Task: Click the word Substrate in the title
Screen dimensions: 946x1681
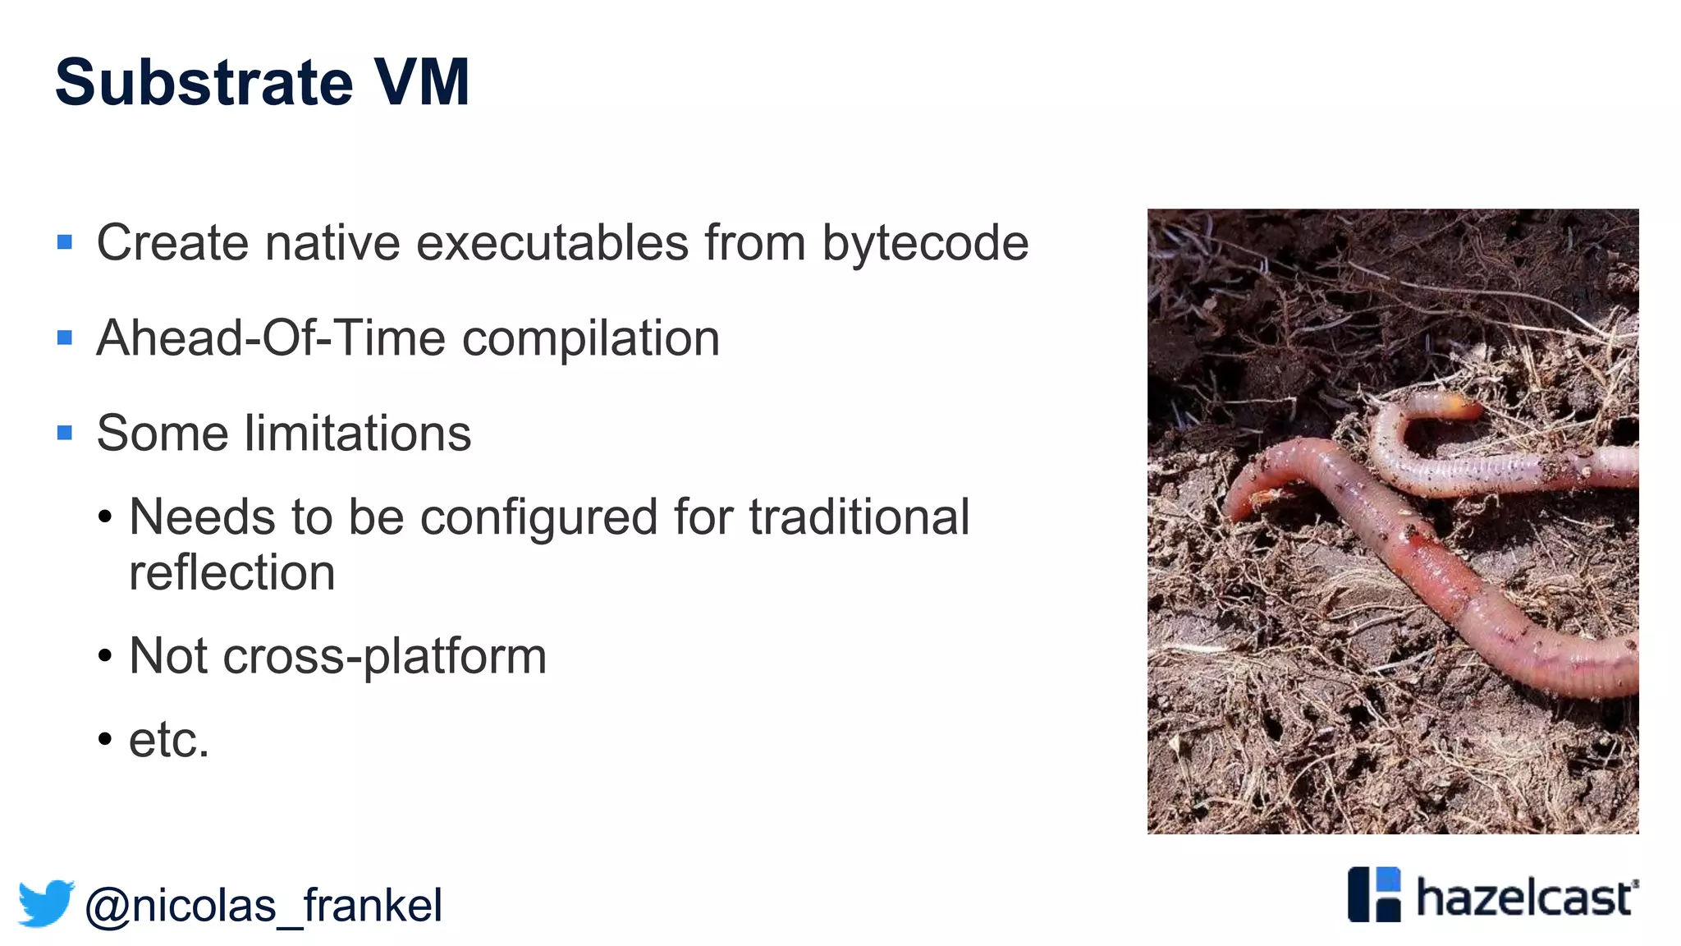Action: (204, 83)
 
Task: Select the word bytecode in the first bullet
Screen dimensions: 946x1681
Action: (925, 243)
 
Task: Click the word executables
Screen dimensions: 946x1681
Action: (552, 243)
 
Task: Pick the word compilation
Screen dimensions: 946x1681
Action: (591, 338)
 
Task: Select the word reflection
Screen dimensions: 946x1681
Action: (232, 572)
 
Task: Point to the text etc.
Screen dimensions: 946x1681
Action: (169, 740)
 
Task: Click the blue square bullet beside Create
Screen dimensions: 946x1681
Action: (65, 242)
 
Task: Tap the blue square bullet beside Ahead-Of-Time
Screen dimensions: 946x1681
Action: (65, 338)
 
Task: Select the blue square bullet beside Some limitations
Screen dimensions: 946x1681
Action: (65, 433)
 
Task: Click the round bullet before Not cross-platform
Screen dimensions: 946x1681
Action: (104, 656)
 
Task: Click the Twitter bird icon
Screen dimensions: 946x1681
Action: (46, 903)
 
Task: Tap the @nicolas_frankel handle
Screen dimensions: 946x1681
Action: (263, 906)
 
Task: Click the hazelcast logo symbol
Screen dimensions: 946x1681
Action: (1374, 894)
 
